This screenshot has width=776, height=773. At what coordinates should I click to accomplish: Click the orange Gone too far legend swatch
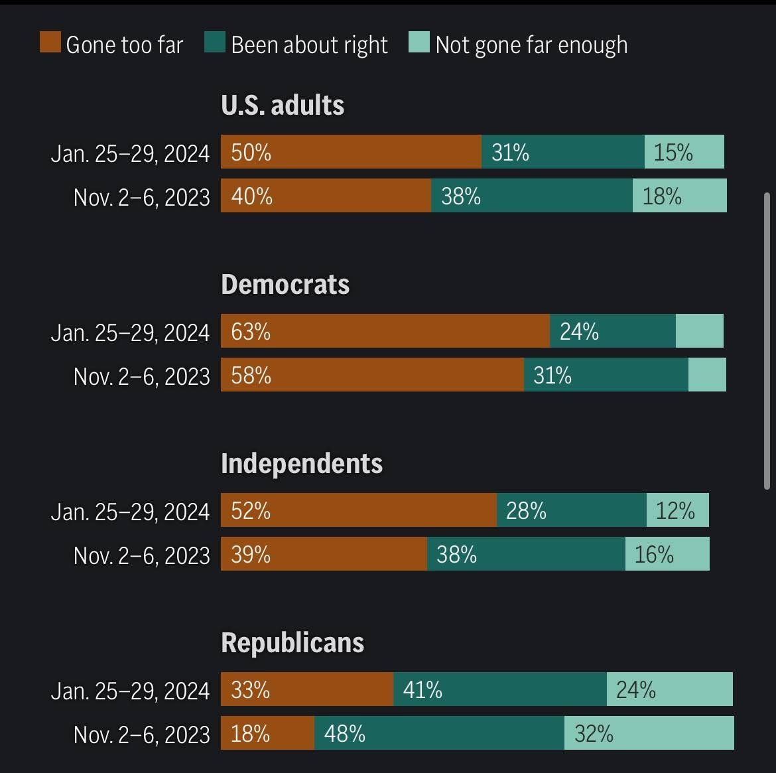[50, 43]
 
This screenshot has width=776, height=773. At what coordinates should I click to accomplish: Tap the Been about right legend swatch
[215, 43]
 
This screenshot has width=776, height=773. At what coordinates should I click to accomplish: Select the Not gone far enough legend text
[531, 44]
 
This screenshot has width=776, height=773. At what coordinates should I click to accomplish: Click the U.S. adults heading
[283, 105]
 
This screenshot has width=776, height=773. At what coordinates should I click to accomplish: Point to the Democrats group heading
[285, 284]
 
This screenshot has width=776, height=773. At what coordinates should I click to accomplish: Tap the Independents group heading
[302, 463]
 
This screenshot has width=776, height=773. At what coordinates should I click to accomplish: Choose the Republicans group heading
[292, 642]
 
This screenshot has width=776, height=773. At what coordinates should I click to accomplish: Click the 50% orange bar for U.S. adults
[351, 152]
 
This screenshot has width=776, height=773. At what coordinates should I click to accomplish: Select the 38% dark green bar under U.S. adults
[531, 196]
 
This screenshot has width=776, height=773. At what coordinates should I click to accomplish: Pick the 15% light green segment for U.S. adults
[684, 152]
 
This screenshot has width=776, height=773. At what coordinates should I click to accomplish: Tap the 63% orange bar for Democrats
[385, 331]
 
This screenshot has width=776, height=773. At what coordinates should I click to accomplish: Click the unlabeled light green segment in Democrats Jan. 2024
[699, 331]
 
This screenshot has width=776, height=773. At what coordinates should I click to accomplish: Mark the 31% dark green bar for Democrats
[606, 375]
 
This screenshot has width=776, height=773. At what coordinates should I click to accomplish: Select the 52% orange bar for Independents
[358, 510]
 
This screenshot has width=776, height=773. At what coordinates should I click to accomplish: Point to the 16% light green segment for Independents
[667, 554]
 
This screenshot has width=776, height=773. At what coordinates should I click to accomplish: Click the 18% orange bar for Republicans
[267, 733]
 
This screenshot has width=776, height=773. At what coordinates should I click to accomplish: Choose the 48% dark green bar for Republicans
[439, 733]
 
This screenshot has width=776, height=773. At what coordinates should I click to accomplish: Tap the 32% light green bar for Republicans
[649, 733]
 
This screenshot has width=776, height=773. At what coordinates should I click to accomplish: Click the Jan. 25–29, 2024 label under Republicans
[130, 691]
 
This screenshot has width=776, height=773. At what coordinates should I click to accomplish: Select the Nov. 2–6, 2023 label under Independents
[141, 555]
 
